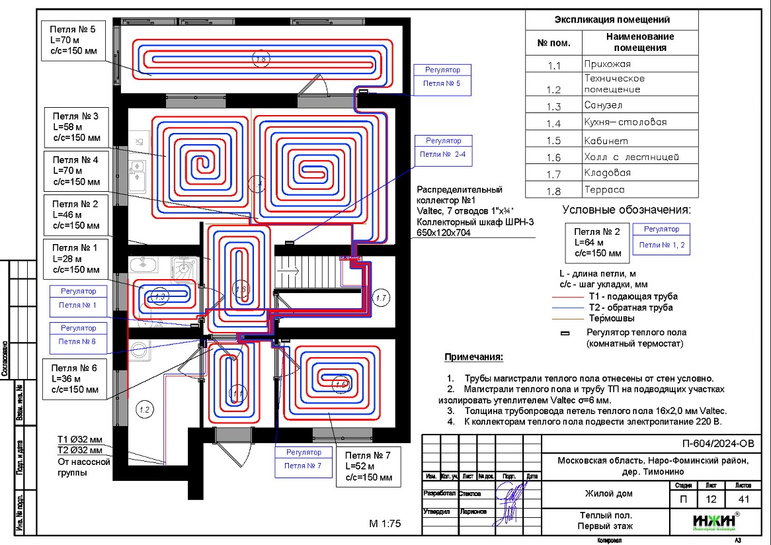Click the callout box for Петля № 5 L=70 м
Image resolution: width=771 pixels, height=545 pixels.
(x=73, y=41)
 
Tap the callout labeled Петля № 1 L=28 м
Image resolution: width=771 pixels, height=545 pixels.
(x=75, y=258)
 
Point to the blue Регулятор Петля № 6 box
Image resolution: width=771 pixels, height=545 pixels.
(x=78, y=335)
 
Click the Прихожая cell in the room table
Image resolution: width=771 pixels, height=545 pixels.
(x=639, y=64)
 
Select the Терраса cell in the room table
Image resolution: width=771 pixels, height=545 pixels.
(x=639, y=190)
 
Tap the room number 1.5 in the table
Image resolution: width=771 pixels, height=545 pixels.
(x=553, y=141)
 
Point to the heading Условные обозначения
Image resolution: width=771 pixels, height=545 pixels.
(x=626, y=210)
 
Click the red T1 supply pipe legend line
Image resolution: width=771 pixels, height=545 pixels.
(x=569, y=297)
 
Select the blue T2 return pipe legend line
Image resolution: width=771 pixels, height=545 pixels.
(x=569, y=308)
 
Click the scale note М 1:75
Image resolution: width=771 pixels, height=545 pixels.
(x=385, y=524)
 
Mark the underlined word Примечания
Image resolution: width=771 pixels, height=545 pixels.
(x=473, y=357)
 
